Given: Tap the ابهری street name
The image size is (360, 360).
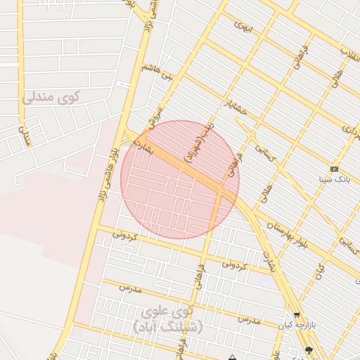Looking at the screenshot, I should coord(243,27).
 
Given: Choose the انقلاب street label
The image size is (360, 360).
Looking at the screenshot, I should coord(349,53).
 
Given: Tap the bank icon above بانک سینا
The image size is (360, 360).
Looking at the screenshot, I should coord(334,169).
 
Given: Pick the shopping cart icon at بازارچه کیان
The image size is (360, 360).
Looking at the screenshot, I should coord(296,316).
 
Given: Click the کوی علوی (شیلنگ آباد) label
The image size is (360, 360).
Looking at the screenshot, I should coord(167,319).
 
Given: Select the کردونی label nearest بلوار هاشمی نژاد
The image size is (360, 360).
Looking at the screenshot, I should coord(124,236).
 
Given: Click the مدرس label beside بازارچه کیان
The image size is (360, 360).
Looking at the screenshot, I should coord(248,320).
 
